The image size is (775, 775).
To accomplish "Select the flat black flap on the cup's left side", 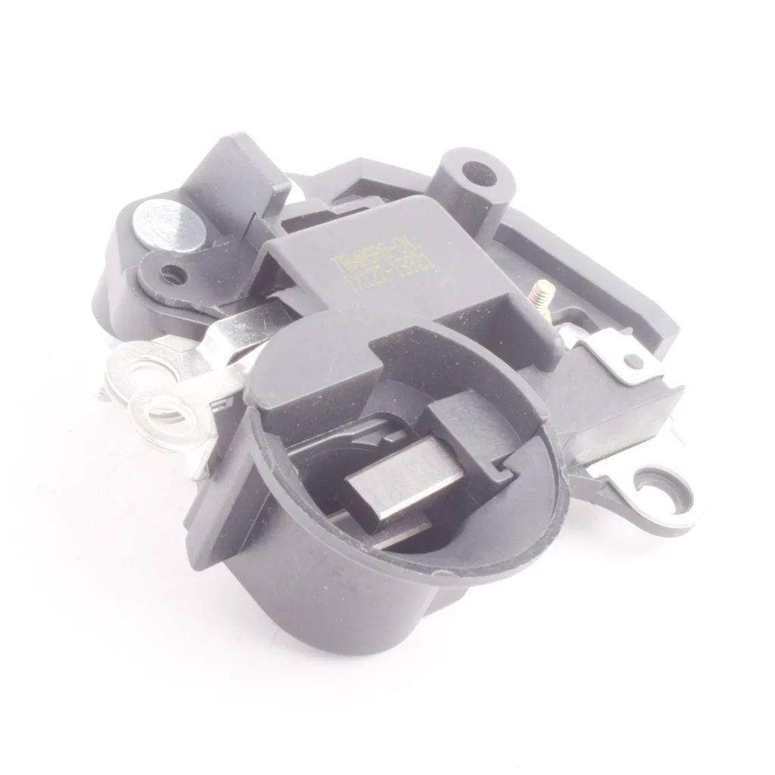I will [219, 500].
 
